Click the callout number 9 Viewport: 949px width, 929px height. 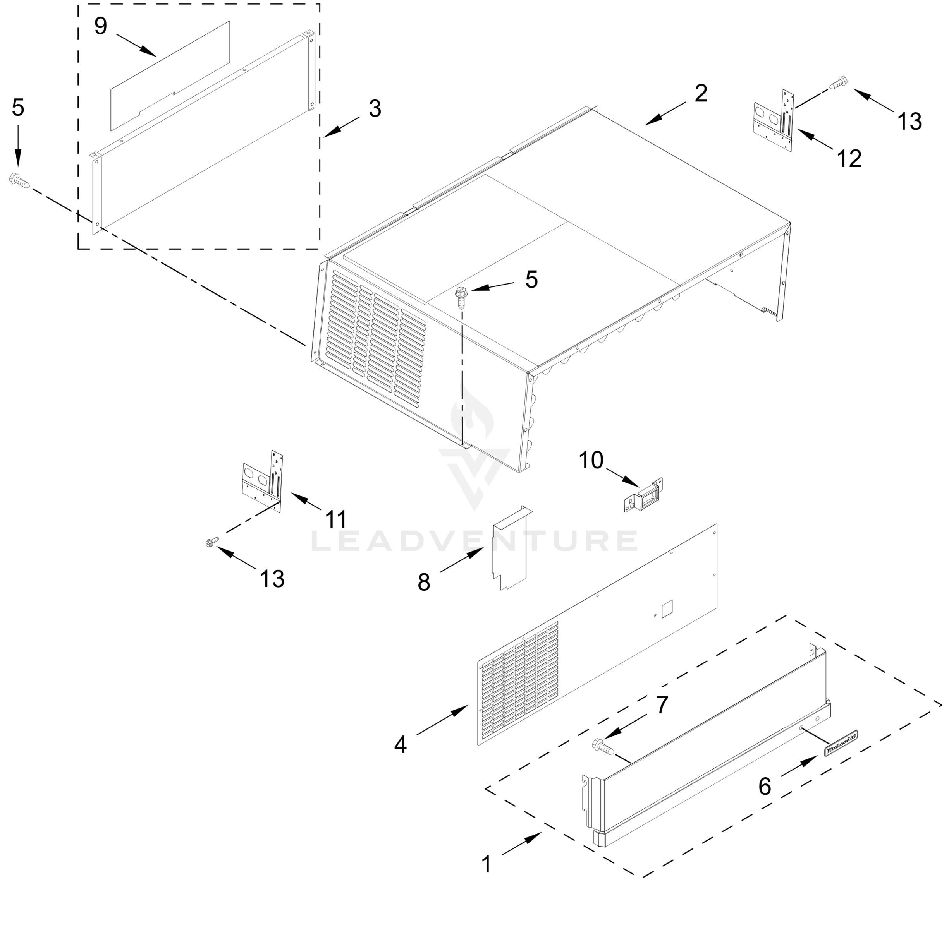click(x=101, y=26)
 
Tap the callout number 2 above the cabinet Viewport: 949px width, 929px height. click(x=701, y=93)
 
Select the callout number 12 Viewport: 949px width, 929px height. click(x=849, y=159)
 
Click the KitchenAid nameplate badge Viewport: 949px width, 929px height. click(x=841, y=744)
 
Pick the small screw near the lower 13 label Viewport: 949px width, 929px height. click(x=212, y=542)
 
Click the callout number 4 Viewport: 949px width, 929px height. click(x=400, y=745)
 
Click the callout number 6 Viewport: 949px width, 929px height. click(x=765, y=786)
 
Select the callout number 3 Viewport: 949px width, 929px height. click(x=375, y=108)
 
